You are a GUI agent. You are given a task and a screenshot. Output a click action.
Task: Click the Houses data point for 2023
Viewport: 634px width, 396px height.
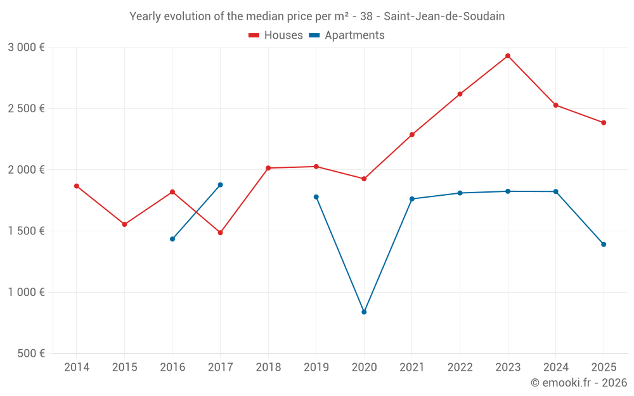(x=508, y=56)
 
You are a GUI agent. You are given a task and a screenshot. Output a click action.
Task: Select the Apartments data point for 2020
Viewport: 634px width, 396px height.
(x=364, y=312)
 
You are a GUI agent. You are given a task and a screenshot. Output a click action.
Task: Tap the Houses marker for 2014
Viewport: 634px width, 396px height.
(x=77, y=186)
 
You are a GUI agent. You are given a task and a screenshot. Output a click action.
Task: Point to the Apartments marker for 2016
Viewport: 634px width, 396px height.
(x=172, y=239)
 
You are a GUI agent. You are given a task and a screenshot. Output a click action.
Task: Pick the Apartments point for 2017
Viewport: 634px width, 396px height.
(x=220, y=185)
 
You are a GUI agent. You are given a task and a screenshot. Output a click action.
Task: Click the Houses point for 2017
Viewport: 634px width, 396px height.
(x=220, y=233)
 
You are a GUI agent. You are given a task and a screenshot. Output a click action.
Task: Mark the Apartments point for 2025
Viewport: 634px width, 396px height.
(x=604, y=245)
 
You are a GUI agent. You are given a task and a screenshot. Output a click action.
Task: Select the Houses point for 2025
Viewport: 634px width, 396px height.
(x=604, y=123)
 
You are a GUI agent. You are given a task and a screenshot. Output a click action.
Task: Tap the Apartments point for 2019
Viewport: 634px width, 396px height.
(x=316, y=197)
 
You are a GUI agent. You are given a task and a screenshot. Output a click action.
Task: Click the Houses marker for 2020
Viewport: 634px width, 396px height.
(x=364, y=179)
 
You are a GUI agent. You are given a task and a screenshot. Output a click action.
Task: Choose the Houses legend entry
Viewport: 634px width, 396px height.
(x=276, y=35)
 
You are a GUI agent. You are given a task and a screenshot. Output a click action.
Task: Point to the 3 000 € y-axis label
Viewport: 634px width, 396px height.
(x=26, y=48)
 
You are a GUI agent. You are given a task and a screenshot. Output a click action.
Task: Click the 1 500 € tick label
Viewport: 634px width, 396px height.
(x=26, y=231)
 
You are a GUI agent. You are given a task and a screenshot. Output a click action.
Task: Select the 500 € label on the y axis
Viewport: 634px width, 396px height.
(x=30, y=354)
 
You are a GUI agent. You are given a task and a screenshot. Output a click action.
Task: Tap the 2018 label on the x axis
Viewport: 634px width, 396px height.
(x=268, y=367)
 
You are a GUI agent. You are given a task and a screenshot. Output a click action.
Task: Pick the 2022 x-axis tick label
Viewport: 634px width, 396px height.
(x=460, y=367)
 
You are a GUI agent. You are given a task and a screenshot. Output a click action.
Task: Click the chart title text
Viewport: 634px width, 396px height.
(x=317, y=16)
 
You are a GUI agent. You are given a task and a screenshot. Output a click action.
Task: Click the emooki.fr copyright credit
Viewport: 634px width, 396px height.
(x=578, y=383)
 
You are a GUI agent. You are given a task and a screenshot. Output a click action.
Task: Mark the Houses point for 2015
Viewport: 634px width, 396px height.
(x=124, y=224)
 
